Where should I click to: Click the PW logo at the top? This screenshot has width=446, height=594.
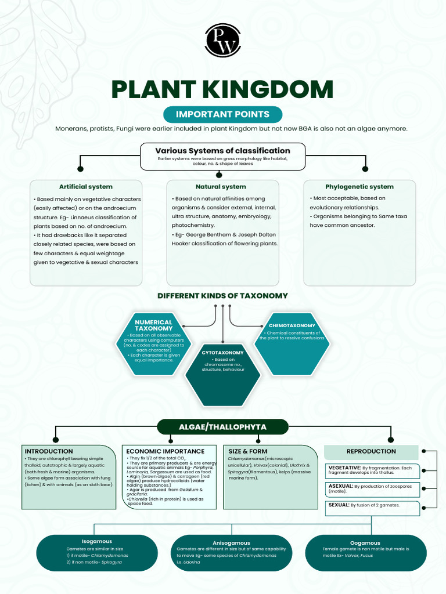[x=222, y=40]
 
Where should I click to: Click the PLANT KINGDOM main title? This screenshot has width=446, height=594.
[x=222, y=90]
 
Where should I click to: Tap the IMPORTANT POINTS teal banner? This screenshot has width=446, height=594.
[x=222, y=114]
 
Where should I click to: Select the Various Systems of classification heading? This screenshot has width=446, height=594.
[x=222, y=151]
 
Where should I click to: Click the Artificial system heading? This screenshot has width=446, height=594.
[x=86, y=187]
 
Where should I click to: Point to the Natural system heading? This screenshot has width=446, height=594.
[x=221, y=187]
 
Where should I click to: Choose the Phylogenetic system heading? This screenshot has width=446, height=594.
[x=359, y=187]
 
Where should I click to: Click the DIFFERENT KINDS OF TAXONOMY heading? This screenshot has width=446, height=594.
[x=222, y=296]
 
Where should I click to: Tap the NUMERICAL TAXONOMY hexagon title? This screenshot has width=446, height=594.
[x=154, y=325]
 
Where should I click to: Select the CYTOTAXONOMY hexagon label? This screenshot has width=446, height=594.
[x=222, y=353]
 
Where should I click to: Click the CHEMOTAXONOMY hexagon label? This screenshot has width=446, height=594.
[x=292, y=325]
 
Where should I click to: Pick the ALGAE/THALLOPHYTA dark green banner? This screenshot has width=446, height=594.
[x=222, y=427]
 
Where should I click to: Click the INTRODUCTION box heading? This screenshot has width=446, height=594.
[x=49, y=451]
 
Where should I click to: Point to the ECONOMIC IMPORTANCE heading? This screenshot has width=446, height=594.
[x=166, y=451]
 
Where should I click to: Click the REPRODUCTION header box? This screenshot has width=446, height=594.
[x=371, y=451]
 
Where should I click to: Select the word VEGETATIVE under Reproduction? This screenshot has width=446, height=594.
[x=345, y=468]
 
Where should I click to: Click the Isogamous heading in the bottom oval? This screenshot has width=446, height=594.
[x=97, y=542]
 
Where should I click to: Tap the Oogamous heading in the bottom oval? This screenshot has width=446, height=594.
[x=365, y=543]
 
